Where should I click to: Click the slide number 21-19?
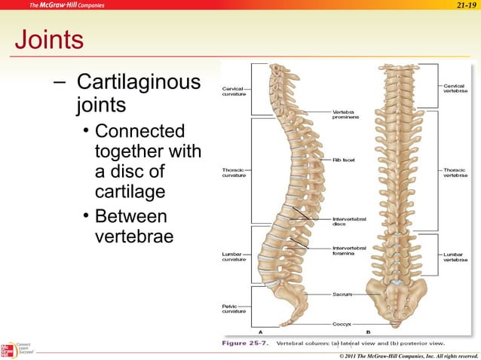466,6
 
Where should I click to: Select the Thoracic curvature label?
233,172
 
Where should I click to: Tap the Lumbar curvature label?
232,257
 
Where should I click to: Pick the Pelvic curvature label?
232,309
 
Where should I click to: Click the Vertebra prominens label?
345,114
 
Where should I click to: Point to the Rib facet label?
343,160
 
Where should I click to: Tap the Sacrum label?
343,294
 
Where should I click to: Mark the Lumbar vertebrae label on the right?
455,257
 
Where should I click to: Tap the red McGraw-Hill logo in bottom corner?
7,350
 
